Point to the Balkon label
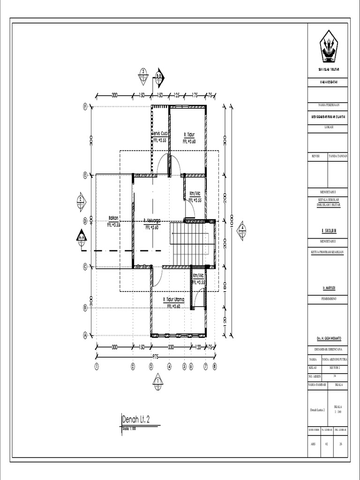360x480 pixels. [x=113, y=217]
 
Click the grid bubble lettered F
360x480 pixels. [x=85, y=106]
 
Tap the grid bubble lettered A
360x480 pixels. [x=85, y=335]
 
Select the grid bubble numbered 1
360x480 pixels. [x=96, y=367]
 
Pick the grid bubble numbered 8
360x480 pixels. [x=215, y=367]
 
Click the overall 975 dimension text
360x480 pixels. [x=155, y=357]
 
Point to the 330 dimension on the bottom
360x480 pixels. [x=171, y=347]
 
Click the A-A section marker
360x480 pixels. [x=82, y=236]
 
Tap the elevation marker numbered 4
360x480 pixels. [x=242, y=229]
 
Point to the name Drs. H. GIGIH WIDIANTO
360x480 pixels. [x=328, y=338]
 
